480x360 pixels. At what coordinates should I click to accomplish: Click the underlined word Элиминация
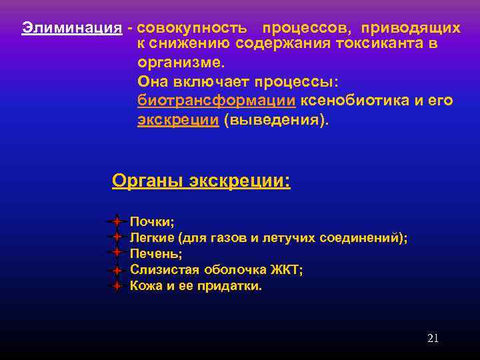(72, 28)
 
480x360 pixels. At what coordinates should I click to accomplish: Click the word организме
(180, 63)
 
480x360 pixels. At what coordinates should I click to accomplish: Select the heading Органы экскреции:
(201, 181)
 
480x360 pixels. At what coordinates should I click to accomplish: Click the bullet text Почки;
(152, 221)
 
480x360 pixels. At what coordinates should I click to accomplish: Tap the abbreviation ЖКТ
(287, 270)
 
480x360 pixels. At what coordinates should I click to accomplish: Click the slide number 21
(433, 338)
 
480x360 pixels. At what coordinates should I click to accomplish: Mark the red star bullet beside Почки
(116, 221)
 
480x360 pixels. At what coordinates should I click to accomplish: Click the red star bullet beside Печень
(116, 253)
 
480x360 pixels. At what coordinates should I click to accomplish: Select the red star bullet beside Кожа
(116, 286)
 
